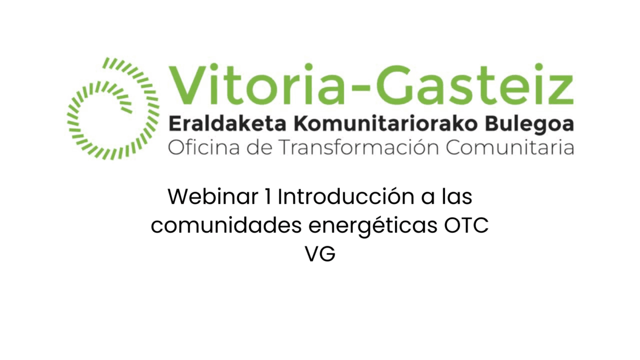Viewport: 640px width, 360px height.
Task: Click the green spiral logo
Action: pos(112,108)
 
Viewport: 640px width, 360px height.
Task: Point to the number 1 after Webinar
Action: pos(267,197)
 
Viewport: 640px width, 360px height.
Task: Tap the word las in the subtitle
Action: pos(456,197)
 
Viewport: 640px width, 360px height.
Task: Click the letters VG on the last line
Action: pos(320,254)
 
